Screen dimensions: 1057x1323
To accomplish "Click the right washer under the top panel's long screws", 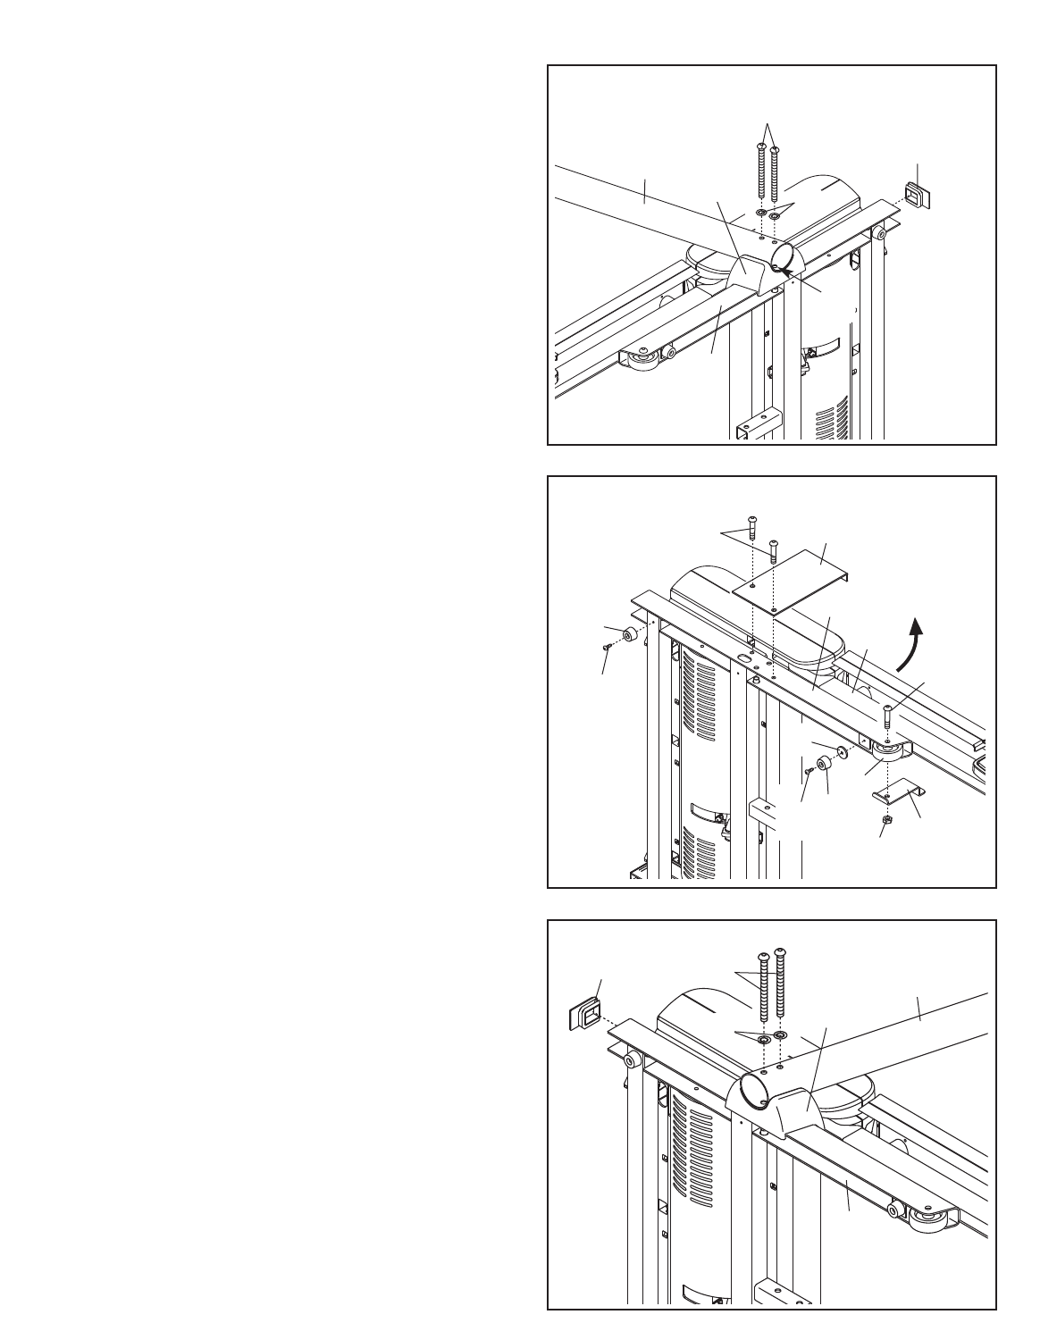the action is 774,216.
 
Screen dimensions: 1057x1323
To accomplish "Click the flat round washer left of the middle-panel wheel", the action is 843,749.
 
